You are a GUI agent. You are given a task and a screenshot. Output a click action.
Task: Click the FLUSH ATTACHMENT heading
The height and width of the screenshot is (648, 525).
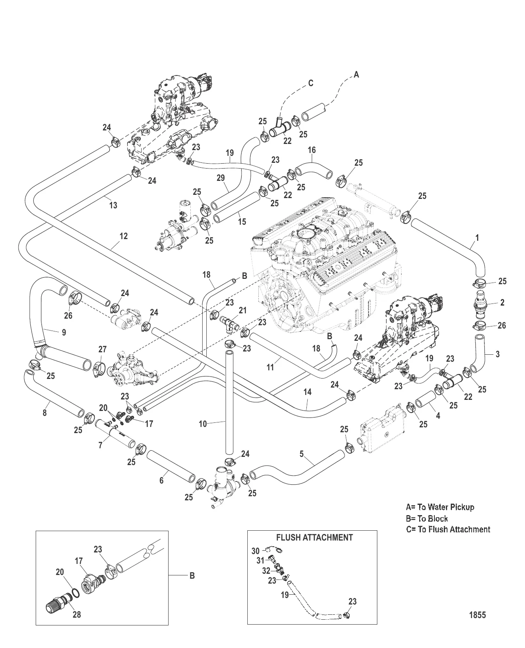[315, 537]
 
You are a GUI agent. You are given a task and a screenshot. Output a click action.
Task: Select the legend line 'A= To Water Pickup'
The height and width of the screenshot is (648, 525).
[440, 507]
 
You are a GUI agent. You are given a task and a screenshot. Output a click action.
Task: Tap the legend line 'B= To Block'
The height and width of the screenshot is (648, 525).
[427, 518]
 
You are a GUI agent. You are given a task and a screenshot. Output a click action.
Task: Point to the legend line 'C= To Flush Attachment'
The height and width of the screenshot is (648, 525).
[448, 529]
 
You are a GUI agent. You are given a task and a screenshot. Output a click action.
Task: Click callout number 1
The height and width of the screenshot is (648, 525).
[477, 237]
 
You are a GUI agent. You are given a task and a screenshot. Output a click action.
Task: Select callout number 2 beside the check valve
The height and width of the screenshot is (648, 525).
[502, 303]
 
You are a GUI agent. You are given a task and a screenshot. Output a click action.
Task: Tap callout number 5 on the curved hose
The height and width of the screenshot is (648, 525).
[301, 454]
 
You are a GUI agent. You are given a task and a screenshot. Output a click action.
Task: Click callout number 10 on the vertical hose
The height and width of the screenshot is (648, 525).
[203, 424]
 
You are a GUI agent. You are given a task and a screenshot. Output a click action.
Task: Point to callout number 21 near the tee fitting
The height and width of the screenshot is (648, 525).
[243, 311]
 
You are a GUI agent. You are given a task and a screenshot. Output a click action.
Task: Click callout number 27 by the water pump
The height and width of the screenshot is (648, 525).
[103, 349]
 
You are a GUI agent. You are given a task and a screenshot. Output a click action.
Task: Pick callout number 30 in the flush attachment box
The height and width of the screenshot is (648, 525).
[255, 551]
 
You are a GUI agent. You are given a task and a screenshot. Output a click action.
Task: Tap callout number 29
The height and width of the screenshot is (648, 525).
[221, 189]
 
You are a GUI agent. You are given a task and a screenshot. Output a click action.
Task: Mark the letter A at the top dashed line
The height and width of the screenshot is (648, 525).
[356, 75]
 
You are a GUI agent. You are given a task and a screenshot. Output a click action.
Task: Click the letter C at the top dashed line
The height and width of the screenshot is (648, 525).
[311, 83]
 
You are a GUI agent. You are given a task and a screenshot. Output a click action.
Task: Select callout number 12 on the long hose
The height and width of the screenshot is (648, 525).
[123, 236]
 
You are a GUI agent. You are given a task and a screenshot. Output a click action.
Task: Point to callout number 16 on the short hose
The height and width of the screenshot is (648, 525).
[312, 150]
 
